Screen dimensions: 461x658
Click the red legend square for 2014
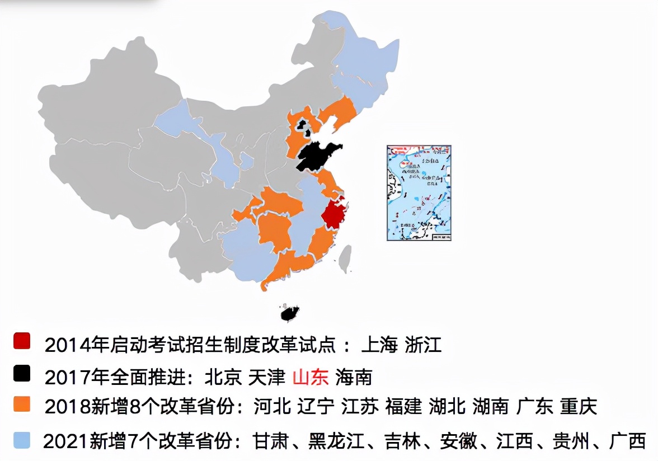[x=22, y=341]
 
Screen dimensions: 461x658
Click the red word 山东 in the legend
[x=311, y=377]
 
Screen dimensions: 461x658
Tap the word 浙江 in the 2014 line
[x=423, y=345]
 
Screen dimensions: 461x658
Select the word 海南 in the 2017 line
[x=354, y=377]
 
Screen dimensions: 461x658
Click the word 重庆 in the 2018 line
[x=579, y=406]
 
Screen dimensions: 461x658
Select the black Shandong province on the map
[x=316, y=156]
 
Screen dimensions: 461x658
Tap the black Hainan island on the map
[x=290, y=313]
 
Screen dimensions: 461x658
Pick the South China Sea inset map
[x=419, y=193]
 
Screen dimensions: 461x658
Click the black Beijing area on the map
[x=303, y=124]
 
